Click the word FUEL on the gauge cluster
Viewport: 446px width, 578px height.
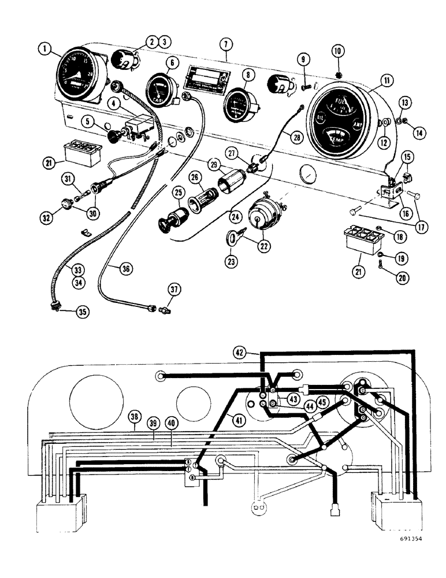343,103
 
